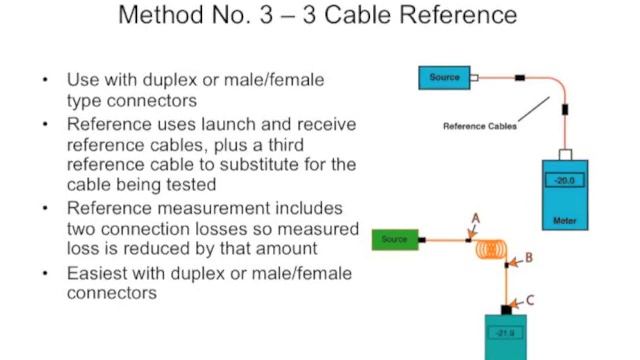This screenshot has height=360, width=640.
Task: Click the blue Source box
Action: [445, 78]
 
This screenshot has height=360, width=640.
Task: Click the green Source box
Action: [394, 240]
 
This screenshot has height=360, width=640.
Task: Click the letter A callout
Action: [476, 217]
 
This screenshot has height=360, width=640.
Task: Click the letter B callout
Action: [529, 257]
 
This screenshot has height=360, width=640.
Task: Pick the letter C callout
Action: [529, 299]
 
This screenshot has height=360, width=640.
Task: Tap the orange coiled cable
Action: [491, 247]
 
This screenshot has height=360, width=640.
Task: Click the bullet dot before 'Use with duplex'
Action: [45, 78]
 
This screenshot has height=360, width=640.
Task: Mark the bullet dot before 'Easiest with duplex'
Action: [45, 274]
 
